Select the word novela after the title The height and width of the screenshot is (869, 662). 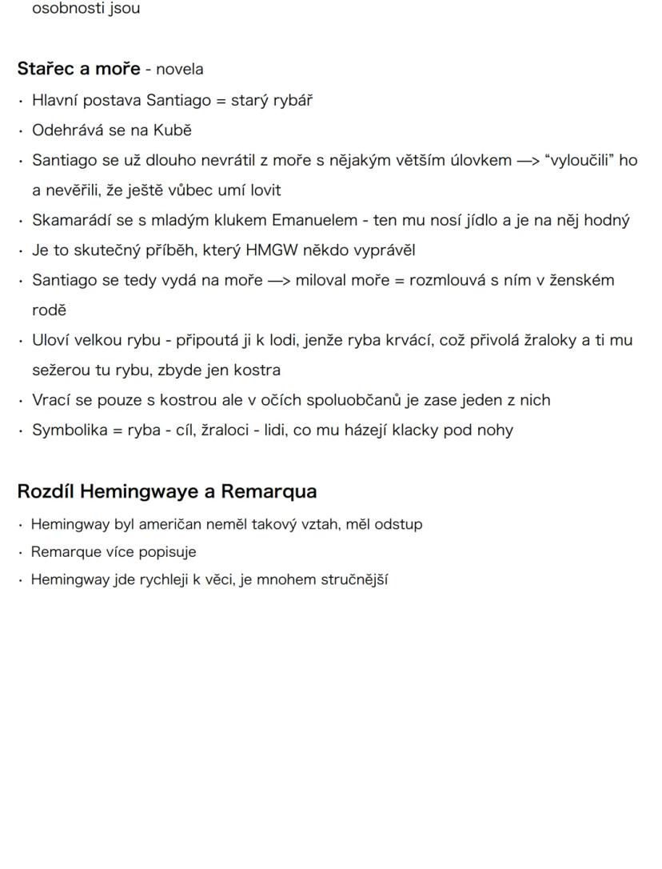pos(179,69)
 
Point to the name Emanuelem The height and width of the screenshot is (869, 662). pos(309,220)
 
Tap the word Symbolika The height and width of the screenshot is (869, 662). pos(67,430)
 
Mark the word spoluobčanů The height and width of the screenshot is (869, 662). pos(354,399)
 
